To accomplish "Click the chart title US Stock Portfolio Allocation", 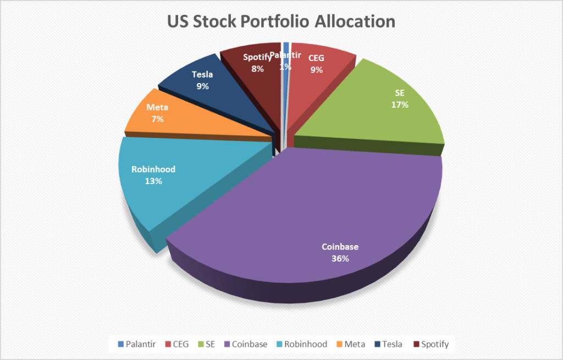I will tap(281, 21).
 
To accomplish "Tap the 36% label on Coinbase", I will tap(340, 258).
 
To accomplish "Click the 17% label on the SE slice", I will tap(400, 104).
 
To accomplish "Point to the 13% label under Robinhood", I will tap(153, 181).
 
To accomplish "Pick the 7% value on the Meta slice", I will tap(158, 119).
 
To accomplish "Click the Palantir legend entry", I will tap(137, 344).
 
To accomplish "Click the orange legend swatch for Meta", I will tap(339, 344).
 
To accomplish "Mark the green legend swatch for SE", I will tap(199, 344).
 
